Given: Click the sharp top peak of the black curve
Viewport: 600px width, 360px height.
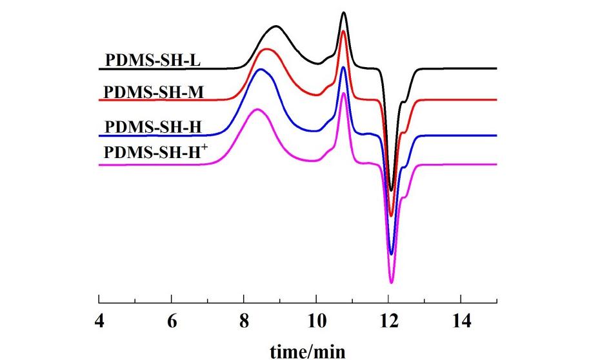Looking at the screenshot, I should click(344, 12).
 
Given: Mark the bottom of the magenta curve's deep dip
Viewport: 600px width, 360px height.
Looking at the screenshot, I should click(391, 283).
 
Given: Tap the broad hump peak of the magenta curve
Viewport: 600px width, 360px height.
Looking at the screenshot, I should click(257, 109).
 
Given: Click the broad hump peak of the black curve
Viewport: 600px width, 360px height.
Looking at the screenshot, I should click(276, 26).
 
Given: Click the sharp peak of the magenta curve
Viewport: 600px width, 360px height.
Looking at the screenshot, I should click(344, 93).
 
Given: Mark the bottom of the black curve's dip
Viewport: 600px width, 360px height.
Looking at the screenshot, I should click(391, 190).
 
